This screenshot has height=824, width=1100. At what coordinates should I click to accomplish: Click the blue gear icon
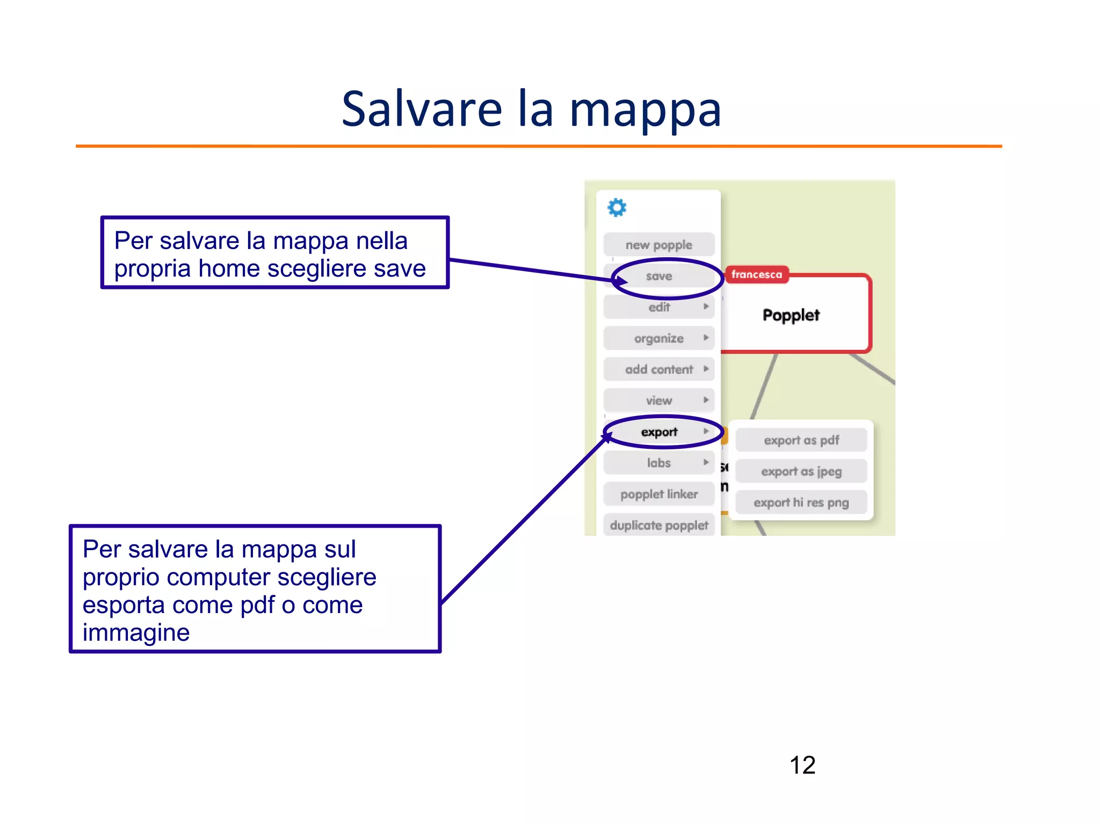pyautogui.click(x=617, y=207)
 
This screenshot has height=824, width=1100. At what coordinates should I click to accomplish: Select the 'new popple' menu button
pyautogui.click(x=658, y=245)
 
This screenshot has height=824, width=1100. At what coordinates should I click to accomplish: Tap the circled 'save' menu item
pyautogui.click(x=659, y=276)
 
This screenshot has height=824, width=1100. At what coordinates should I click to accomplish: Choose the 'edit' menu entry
pyautogui.click(x=659, y=307)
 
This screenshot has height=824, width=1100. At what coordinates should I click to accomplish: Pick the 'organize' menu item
pyautogui.click(x=659, y=338)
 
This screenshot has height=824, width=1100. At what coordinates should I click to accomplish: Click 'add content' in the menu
pyautogui.click(x=659, y=369)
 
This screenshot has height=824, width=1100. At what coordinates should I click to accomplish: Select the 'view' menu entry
pyautogui.click(x=659, y=400)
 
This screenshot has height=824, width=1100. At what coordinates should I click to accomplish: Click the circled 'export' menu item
pyautogui.click(x=659, y=432)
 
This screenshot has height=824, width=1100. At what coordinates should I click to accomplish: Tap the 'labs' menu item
pyautogui.click(x=659, y=463)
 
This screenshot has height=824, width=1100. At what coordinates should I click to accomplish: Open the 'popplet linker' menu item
pyautogui.click(x=659, y=494)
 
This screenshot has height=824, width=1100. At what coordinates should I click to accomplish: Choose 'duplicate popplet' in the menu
pyautogui.click(x=659, y=525)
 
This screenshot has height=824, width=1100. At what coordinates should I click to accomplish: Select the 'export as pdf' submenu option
pyautogui.click(x=801, y=440)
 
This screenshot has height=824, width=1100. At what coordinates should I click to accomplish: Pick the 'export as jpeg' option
pyautogui.click(x=801, y=471)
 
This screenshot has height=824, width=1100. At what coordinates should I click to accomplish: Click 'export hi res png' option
pyautogui.click(x=801, y=502)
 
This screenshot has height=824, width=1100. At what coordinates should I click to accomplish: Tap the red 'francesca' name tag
pyautogui.click(x=756, y=274)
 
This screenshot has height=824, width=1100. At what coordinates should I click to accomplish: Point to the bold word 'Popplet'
pyautogui.click(x=791, y=315)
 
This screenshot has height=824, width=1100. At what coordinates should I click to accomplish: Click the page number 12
pyautogui.click(x=802, y=765)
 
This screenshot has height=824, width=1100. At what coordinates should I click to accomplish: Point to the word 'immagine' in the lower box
pyautogui.click(x=136, y=632)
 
